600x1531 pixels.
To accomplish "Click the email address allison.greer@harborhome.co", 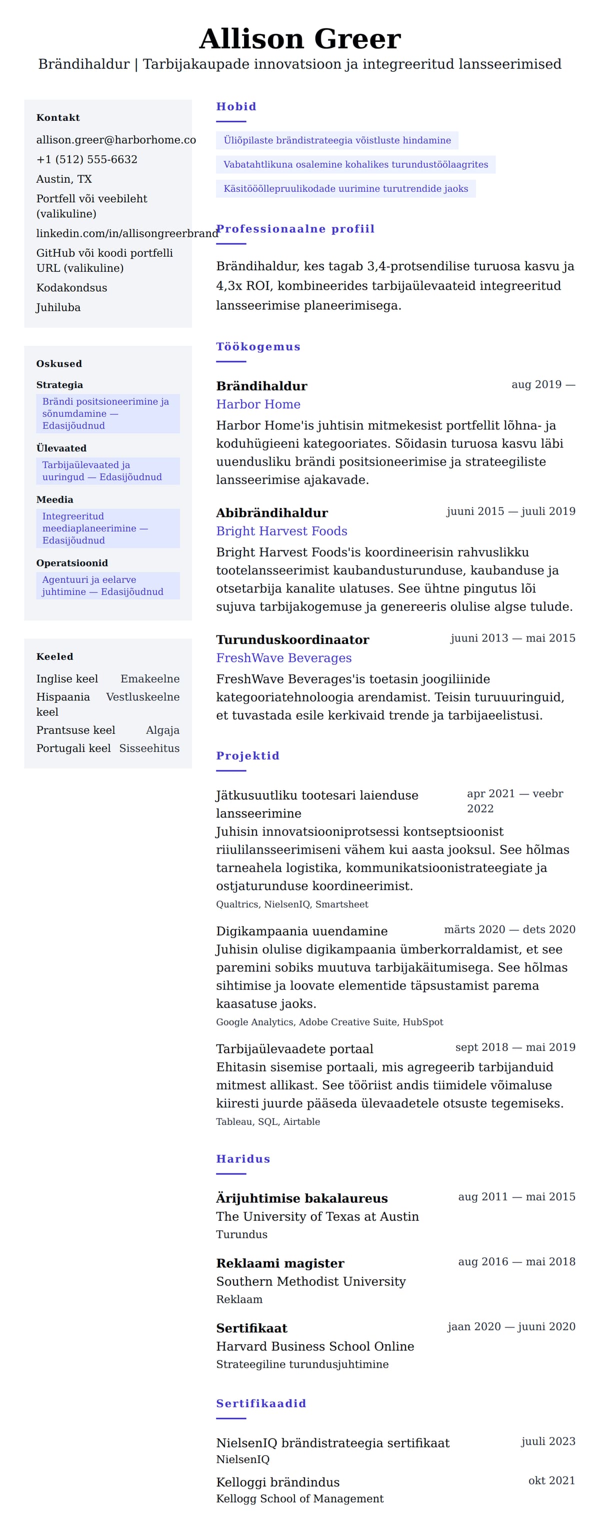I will pyautogui.click(x=115, y=140).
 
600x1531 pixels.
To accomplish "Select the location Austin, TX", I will pyautogui.click(x=63, y=179).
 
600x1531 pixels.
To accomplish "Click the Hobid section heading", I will pyautogui.click(x=236, y=106).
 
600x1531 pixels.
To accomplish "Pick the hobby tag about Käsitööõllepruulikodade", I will pyautogui.click(x=345, y=188).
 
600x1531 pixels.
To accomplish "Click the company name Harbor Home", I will pyautogui.click(x=258, y=404).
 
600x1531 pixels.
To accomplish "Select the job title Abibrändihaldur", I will pyautogui.click(x=272, y=512).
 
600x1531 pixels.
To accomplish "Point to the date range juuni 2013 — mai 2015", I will pyautogui.click(x=512, y=638).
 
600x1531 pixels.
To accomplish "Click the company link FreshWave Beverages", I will pyautogui.click(x=283, y=657).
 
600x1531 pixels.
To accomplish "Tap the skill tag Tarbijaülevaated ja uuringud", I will pyautogui.click(x=101, y=471).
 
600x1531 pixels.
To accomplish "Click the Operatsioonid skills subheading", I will pyautogui.click(x=72, y=563).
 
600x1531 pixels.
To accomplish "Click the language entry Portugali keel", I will pyautogui.click(x=73, y=748).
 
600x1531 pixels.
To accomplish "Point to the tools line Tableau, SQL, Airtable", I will pyautogui.click(x=267, y=1121).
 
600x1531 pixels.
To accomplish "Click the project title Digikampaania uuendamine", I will pyautogui.click(x=301, y=931).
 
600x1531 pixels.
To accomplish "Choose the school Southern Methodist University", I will pyautogui.click(x=310, y=1281).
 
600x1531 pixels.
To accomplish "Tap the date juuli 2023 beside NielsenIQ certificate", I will pyautogui.click(x=547, y=1441).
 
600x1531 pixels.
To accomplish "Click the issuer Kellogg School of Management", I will pyautogui.click(x=299, y=1499).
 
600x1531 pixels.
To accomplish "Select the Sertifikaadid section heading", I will pyautogui.click(x=260, y=1403).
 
